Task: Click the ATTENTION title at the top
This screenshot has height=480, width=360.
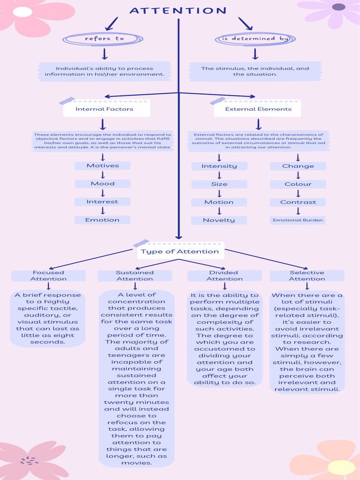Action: [x=178, y=11]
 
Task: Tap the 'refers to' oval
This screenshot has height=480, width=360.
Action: [x=103, y=39]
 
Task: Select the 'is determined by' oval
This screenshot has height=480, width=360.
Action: [x=255, y=39]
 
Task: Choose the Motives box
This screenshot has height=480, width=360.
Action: [x=103, y=165]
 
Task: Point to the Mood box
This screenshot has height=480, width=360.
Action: [x=103, y=184]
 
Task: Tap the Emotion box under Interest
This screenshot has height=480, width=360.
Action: [x=102, y=220]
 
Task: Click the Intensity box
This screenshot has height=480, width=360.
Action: [x=219, y=166]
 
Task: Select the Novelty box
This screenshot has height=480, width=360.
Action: [x=219, y=220]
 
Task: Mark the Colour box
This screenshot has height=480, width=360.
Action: [x=298, y=184]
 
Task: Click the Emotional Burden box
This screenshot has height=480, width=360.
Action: [x=298, y=220]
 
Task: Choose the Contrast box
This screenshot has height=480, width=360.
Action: [x=298, y=202]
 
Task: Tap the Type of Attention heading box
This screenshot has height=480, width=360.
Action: [x=180, y=251]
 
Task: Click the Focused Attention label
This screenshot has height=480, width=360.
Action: [x=48, y=276]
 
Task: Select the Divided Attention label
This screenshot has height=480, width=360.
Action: [x=225, y=276]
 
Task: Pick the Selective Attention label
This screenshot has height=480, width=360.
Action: [x=307, y=276]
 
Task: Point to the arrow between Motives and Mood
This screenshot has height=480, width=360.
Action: [x=103, y=175]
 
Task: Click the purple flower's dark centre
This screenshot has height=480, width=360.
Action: [x=338, y=7]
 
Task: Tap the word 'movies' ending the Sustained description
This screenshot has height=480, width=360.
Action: [x=136, y=463]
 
